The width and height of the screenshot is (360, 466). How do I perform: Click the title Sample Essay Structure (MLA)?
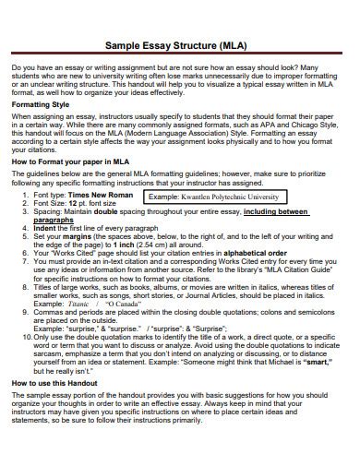tap(180, 42)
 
